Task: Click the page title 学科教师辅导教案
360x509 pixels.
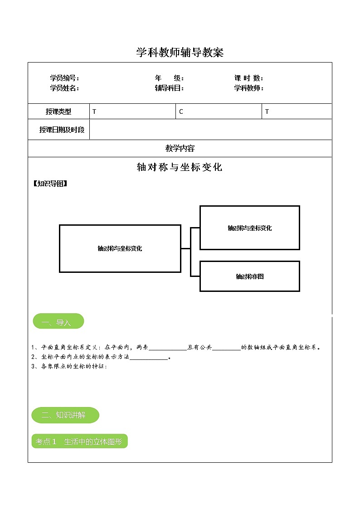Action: (x=180, y=53)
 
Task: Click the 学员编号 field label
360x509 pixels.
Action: (x=64, y=78)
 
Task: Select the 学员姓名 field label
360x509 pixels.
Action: (x=64, y=88)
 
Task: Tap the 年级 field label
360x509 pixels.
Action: (x=169, y=78)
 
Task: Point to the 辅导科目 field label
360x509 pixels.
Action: (x=169, y=88)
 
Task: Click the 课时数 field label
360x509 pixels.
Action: (x=248, y=78)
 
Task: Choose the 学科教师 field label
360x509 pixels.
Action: (x=248, y=88)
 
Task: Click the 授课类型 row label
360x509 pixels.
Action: (x=58, y=111)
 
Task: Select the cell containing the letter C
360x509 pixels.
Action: (x=219, y=111)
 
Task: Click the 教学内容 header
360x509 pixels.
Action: (x=180, y=148)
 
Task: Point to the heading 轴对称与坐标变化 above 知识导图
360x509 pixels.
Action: (x=180, y=167)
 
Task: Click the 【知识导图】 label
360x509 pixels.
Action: (x=50, y=184)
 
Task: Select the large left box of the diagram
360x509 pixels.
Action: (x=120, y=248)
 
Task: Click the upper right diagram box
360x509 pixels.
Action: (x=249, y=228)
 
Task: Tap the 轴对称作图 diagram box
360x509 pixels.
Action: (x=249, y=276)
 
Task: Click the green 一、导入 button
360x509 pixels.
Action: (x=58, y=321)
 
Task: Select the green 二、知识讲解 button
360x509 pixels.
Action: (x=65, y=415)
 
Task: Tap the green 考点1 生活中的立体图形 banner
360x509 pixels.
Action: (x=79, y=441)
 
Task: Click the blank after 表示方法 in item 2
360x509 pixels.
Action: (x=149, y=357)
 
